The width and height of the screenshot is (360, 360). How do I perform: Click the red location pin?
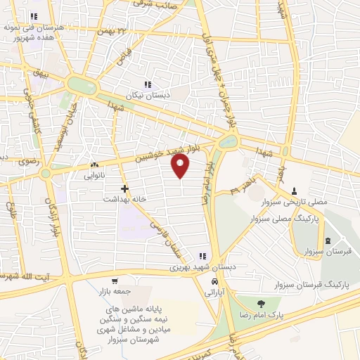(181, 166)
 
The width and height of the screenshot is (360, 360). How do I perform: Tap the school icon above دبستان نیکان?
(148, 84)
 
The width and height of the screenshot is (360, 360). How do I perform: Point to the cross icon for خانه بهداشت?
(124, 188)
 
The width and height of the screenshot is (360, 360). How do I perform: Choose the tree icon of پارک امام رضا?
(262, 304)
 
